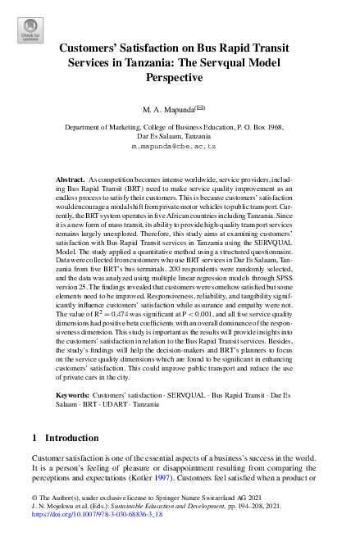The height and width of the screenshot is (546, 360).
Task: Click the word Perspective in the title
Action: [180, 78]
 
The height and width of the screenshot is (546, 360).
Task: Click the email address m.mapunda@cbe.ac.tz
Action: [180, 144]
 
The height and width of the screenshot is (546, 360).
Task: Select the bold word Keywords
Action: [73, 395]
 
